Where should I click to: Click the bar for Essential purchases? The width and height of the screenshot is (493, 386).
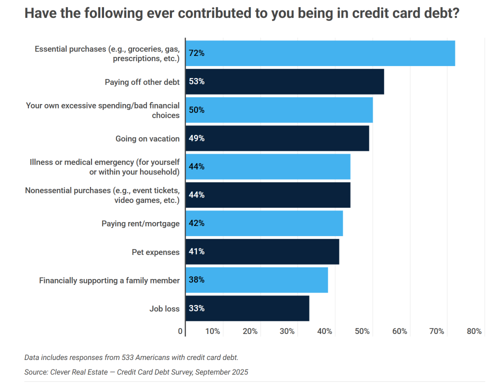(320, 53)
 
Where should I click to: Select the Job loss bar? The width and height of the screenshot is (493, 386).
(247, 308)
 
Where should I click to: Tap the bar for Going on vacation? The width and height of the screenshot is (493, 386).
(277, 138)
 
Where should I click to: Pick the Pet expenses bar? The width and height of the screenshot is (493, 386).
(262, 252)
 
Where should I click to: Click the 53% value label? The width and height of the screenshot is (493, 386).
(197, 81)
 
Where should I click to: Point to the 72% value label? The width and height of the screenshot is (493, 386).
(197, 53)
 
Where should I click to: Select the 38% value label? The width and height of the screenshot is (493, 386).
(197, 280)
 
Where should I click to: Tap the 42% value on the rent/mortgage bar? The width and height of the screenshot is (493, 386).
(197, 223)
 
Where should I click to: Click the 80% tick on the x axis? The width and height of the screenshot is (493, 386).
(474, 331)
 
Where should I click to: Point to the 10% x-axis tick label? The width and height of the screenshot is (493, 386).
(212, 331)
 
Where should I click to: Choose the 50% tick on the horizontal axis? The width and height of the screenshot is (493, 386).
(362, 331)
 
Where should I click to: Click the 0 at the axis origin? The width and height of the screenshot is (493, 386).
(181, 331)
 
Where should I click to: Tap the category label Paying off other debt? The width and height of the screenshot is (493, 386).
(142, 82)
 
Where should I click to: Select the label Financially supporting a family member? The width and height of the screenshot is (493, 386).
(109, 280)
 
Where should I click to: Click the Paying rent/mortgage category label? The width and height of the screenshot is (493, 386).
(141, 224)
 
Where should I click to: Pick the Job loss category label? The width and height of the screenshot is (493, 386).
(164, 309)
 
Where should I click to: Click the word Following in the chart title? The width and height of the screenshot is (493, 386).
(105, 13)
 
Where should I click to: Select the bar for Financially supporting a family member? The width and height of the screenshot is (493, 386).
(257, 280)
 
